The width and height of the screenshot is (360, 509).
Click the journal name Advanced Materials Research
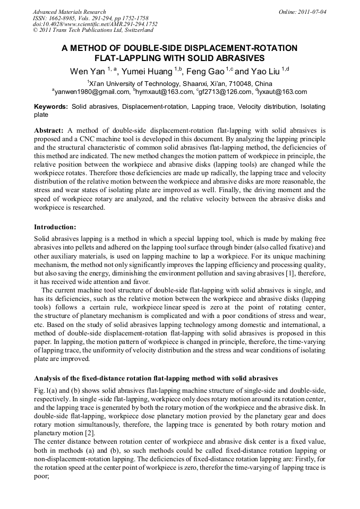pos(69,12)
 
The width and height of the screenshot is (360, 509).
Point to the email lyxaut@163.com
pos(282,92)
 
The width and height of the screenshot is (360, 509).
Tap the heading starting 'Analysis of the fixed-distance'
pos(156,378)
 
